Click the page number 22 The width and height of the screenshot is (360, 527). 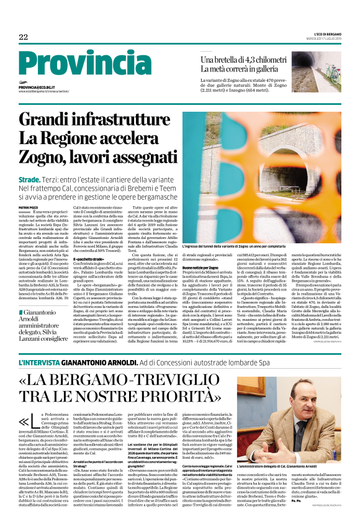(23, 37)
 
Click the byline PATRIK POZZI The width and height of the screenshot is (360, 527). (28, 207)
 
